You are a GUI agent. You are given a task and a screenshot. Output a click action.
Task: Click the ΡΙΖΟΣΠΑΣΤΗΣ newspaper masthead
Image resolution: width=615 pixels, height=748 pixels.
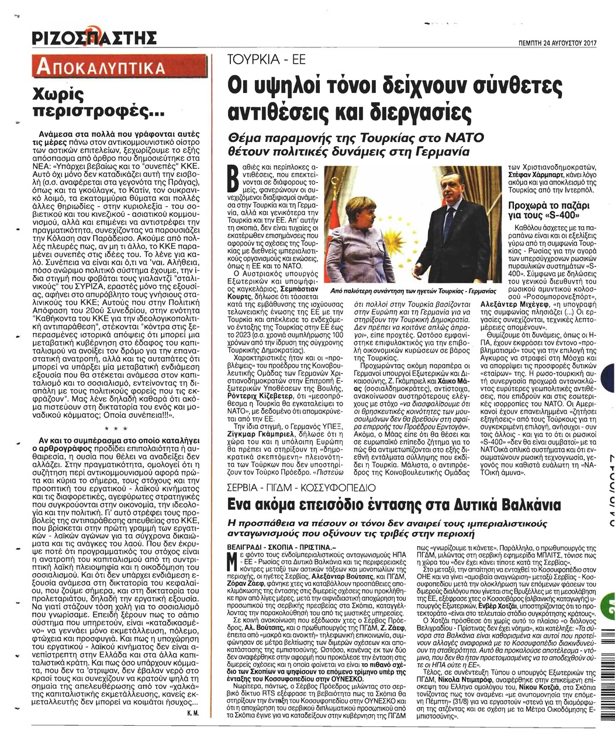(94, 39)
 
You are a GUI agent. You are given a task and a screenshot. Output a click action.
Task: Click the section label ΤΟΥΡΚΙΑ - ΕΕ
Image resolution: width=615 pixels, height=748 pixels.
(266, 61)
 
